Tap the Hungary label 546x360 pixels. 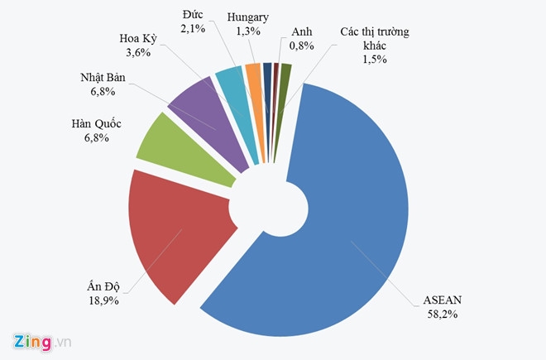[x=247, y=17]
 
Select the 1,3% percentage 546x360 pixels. [x=247, y=31]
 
